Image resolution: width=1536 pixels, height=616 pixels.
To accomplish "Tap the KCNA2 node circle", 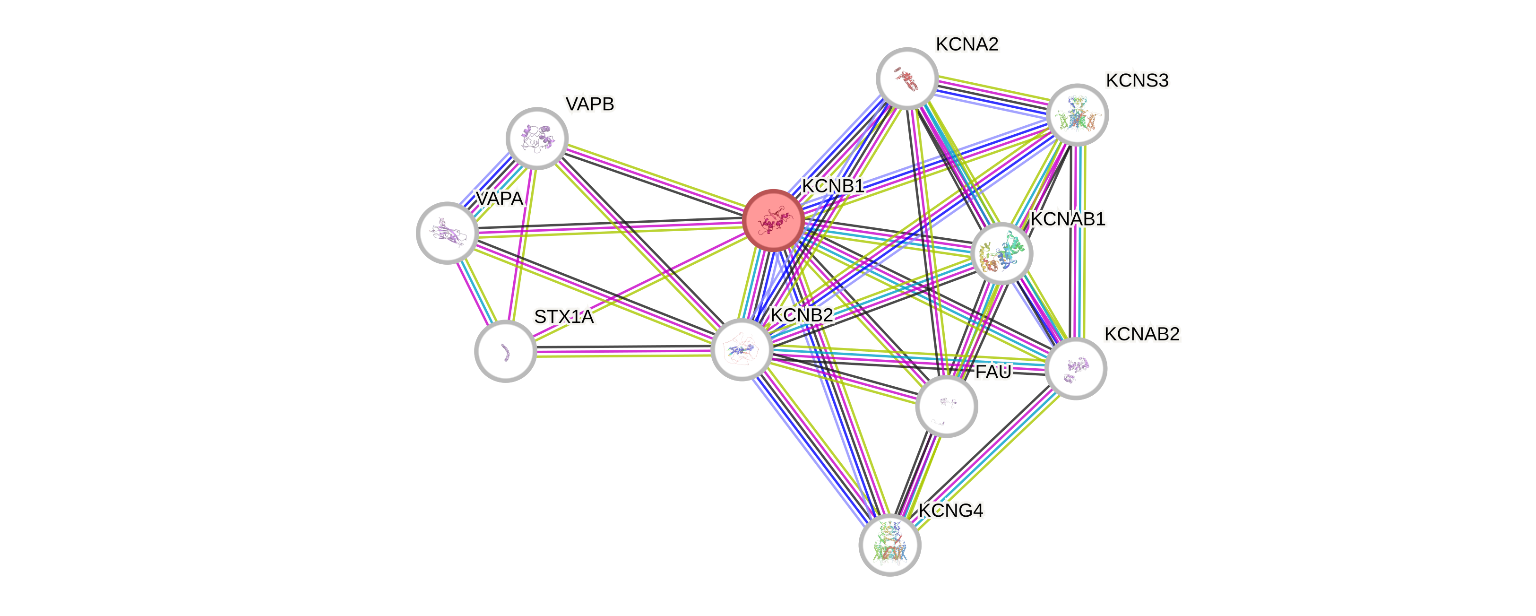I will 907,78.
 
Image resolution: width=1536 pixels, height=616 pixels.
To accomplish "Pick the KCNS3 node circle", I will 1078,114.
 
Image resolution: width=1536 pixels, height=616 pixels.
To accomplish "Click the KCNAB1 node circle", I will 1002,253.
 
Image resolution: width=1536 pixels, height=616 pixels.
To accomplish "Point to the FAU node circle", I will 946,406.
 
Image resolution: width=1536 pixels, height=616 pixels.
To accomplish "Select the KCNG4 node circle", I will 889,545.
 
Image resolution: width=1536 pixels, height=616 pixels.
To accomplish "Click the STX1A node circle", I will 506,351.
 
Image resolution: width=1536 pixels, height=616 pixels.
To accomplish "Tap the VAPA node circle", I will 447,233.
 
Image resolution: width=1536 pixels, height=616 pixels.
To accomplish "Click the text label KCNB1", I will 832,186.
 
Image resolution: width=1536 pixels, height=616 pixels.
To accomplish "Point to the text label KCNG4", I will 950,511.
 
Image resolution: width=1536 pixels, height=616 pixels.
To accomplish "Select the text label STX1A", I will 563,317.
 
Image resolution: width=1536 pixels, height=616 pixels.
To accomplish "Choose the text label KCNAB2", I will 1141,334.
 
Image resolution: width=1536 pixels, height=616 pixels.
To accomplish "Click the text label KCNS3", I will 1137,80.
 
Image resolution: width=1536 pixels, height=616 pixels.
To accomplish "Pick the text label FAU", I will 993,372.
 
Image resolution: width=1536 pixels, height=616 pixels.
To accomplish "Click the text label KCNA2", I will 966,44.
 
